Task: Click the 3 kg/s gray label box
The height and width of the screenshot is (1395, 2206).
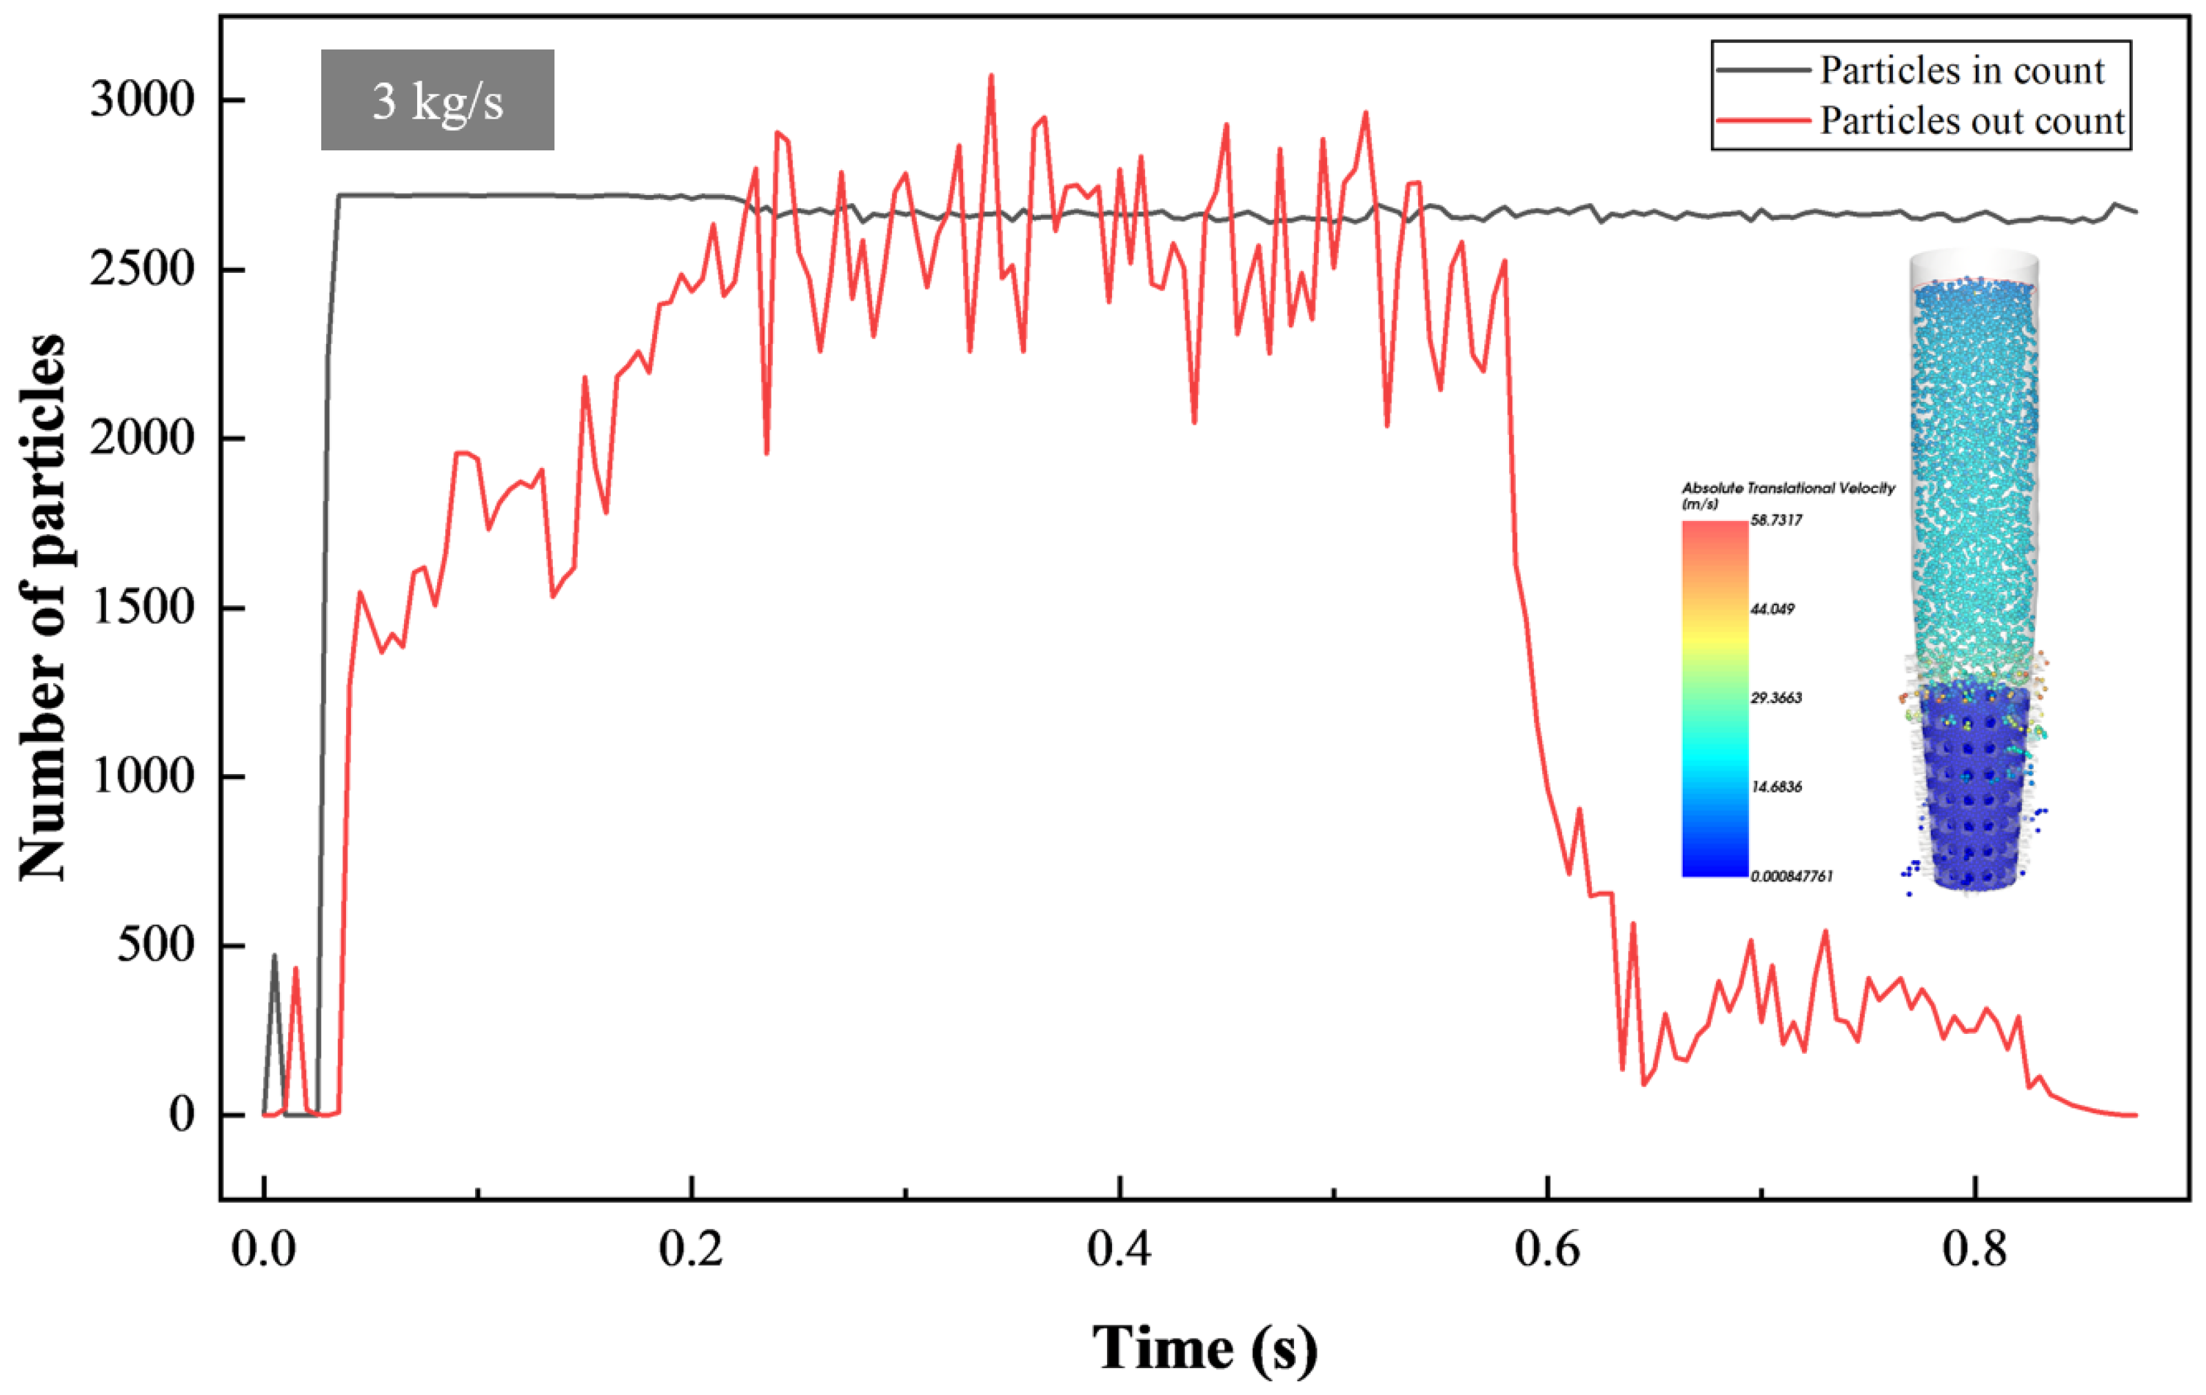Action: (x=437, y=100)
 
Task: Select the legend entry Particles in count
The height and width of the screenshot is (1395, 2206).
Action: (x=1961, y=70)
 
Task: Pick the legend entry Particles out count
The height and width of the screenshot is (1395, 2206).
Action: (x=1970, y=121)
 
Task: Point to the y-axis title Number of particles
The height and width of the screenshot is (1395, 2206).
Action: (x=43, y=607)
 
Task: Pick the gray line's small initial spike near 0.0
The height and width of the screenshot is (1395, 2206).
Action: (x=274, y=956)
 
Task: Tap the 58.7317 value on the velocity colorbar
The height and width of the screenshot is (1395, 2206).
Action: (x=1775, y=520)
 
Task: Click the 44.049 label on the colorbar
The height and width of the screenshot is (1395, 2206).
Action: (x=1772, y=609)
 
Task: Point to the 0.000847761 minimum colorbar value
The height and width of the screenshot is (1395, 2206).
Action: (x=1791, y=877)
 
